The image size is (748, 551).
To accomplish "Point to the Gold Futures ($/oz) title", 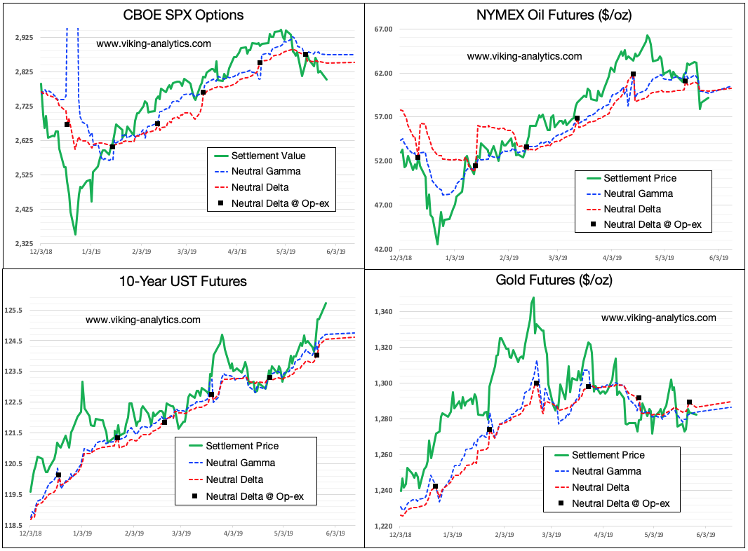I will [x=554, y=280].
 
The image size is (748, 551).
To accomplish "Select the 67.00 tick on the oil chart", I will [x=385, y=29].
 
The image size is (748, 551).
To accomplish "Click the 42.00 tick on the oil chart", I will [x=385, y=249].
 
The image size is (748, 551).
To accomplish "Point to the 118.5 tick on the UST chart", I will [x=15, y=525].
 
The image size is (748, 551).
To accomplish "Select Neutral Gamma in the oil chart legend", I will [x=639, y=193].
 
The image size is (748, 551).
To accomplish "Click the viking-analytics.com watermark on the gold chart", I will [x=659, y=318].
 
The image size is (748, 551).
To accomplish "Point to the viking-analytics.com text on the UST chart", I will [x=143, y=320].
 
